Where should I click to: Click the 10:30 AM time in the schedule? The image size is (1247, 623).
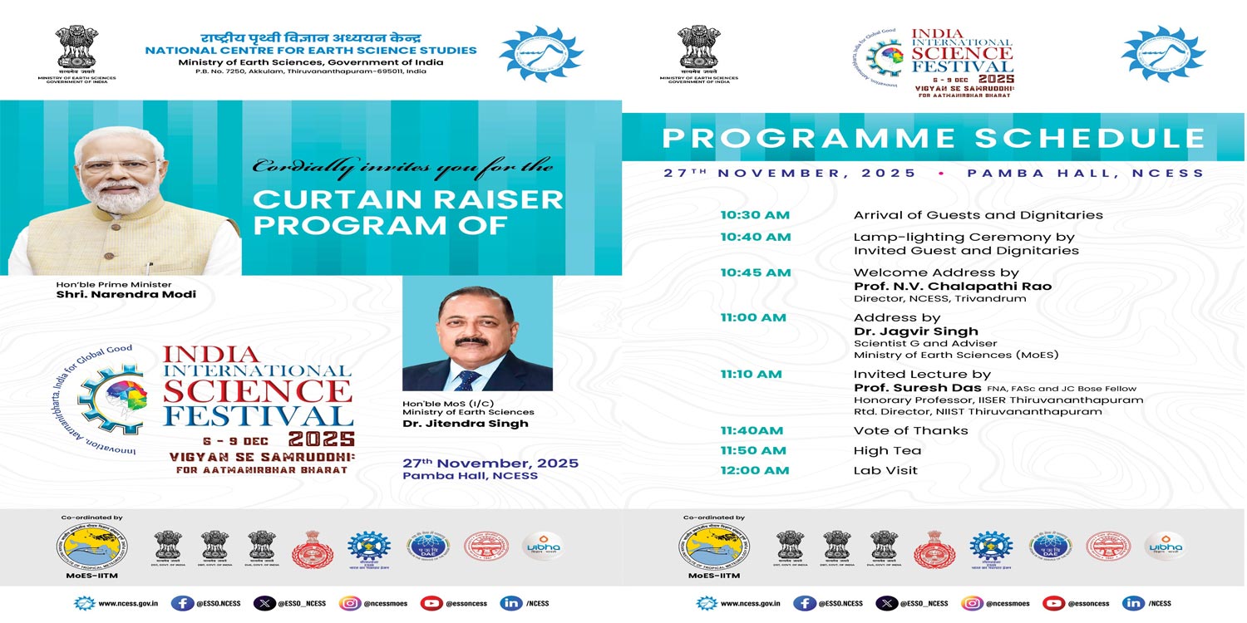pyautogui.click(x=754, y=215)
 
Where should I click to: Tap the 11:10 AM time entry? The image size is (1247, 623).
pyautogui.click(x=751, y=375)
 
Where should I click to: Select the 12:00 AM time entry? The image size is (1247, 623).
pyautogui.click(x=754, y=471)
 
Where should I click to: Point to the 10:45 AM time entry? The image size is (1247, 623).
pyautogui.click(x=754, y=273)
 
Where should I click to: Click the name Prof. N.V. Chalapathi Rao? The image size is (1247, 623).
pyautogui.click(x=952, y=287)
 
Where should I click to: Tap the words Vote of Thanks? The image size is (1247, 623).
pyautogui.click(x=910, y=431)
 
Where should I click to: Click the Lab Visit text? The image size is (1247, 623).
pyautogui.click(x=885, y=471)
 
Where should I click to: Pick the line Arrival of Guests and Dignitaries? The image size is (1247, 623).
pyautogui.click(x=978, y=215)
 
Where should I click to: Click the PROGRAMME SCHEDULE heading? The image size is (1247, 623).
pyautogui.click(x=933, y=138)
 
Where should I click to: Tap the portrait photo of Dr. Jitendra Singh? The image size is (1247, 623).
pyautogui.click(x=477, y=333)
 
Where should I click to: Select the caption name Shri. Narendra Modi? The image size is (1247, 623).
pyautogui.click(x=126, y=295)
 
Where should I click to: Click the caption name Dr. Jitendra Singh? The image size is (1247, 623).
pyautogui.click(x=465, y=424)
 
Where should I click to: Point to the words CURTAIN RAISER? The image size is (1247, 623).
pyautogui.click(x=407, y=199)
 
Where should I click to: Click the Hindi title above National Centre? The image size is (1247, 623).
pyautogui.click(x=310, y=38)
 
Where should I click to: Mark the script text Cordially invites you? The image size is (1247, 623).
pyautogui.click(x=402, y=166)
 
